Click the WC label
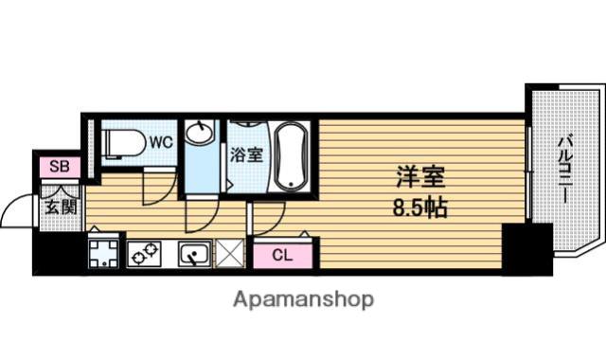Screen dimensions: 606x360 [x=161, y=142]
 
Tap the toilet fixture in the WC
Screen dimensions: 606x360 [x=122, y=143]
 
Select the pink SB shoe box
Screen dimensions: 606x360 [x=61, y=167]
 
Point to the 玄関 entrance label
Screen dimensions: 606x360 [x=61, y=207]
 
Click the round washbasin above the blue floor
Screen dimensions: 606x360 [x=199, y=133]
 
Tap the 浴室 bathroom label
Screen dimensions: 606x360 [x=246, y=154]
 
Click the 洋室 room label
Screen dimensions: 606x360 [x=420, y=177]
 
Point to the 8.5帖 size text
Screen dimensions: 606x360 [x=420, y=207]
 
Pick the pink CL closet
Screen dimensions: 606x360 [x=282, y=255]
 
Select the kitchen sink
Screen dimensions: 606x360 [x=195, y=254]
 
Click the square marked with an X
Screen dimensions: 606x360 [x=229, y=253]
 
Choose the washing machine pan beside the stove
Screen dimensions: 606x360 [x=103, y=254]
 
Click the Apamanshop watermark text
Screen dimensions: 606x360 [x=303, y=299]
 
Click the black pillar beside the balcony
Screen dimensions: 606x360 [x=527, y=249]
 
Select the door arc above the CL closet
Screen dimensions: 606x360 [x=276, y=226]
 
